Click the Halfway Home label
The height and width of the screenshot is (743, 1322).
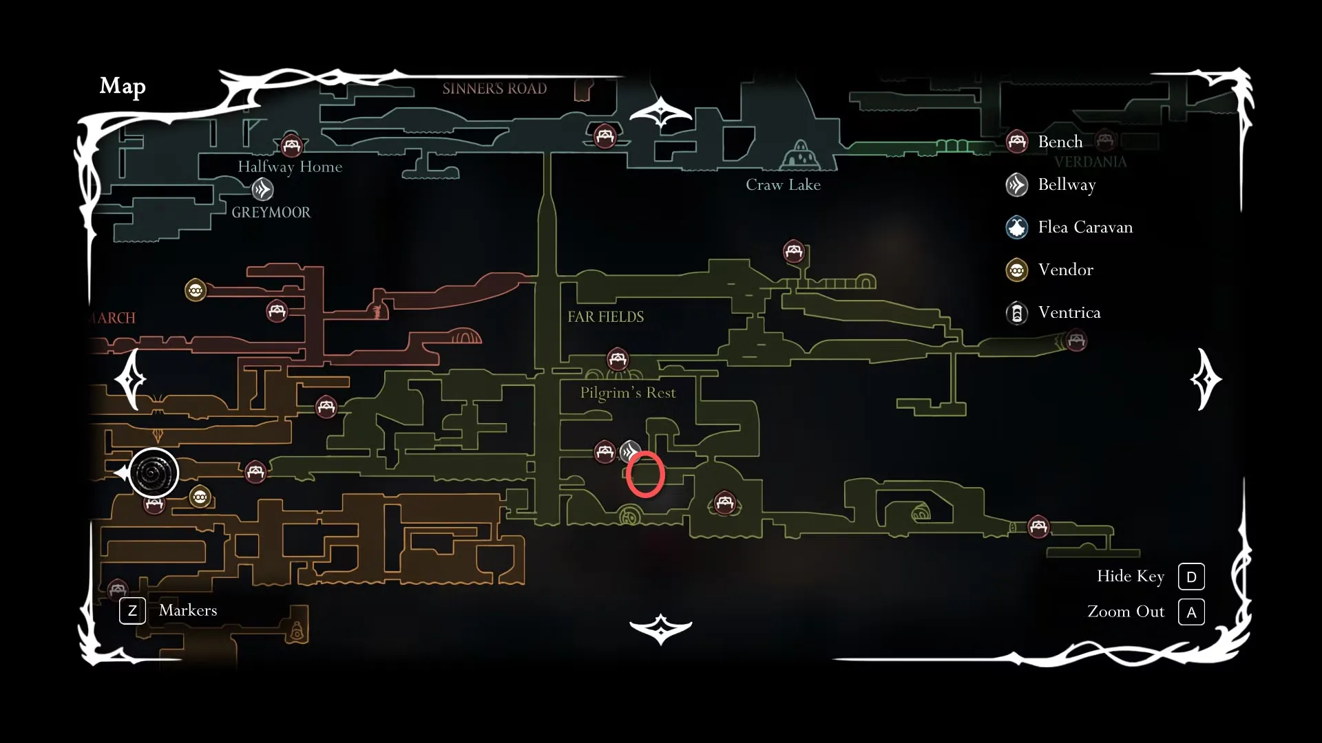pyautogui.click(x=290, y=166)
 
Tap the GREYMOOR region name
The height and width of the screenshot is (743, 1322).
pyautogui.click(x=271, y=212)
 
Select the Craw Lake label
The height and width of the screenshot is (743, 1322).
pyautogui.click(x=783, y=184)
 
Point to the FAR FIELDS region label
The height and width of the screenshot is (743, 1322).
pyautogui.click(x=605, y=316)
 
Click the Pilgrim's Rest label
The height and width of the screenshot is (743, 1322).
pyautogui.click(x=627, y=393)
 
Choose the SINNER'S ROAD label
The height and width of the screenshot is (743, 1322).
pyautogui.click(x=494, y=88)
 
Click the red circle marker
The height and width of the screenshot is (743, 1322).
pyautogui.click(x=645, y=474)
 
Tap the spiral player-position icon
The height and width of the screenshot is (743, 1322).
pyautogui.click(x=154, y=473)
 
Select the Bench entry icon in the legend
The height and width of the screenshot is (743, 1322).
pyautogui.click(x=1017, y=142)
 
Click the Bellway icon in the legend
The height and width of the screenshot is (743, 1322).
pyautogui.click(x=1017, y=184)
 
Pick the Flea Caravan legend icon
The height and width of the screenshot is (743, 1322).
pyautogui.click(x=1017, y=227)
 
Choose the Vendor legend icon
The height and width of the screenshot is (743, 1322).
pyautogui.click(x=1017, y=270)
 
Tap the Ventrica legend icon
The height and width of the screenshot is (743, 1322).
pyautogui.click(x=1017, y=313)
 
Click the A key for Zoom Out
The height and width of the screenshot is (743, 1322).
pyautogui.click(x=1191, y=612)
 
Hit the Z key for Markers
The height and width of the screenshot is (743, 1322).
pyautogui.click(x=132, y=610)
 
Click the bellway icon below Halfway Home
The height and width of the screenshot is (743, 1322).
pyautogui.click(x=262, y=189)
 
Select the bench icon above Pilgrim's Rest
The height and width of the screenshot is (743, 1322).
pyautogui.click(x=618, y=359)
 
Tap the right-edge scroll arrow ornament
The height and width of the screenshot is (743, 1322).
pyautogui.click(x=1206, y=379)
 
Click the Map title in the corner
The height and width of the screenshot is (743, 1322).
pyautogui.click(x=123, y=86)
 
